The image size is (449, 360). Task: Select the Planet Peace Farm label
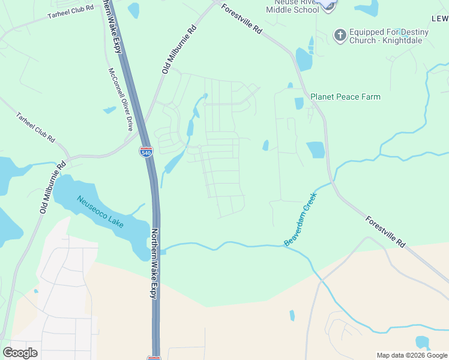345,97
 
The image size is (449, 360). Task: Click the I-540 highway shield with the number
145,152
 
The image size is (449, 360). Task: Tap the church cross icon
340,35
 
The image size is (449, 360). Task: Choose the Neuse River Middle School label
293,7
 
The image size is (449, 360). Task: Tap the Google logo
20,353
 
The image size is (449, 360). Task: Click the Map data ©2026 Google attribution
411,355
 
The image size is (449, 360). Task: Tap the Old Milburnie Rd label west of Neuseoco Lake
52,187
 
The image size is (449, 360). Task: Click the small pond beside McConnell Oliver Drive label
109,110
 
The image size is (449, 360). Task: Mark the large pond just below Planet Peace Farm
315,149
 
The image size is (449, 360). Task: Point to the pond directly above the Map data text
423,342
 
